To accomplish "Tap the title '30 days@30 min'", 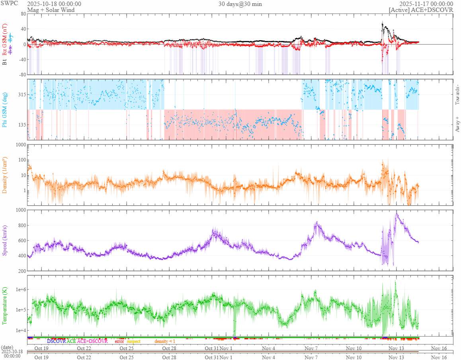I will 240,4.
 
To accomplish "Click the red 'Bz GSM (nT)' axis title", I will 5,36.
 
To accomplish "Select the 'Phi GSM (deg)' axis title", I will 5,109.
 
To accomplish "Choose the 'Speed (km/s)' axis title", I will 5,240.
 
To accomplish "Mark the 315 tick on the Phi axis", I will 21,95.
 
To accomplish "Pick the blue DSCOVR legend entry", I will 56,341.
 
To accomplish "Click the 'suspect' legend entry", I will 133,341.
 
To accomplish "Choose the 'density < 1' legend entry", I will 164,341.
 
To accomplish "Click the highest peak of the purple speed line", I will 396,214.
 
